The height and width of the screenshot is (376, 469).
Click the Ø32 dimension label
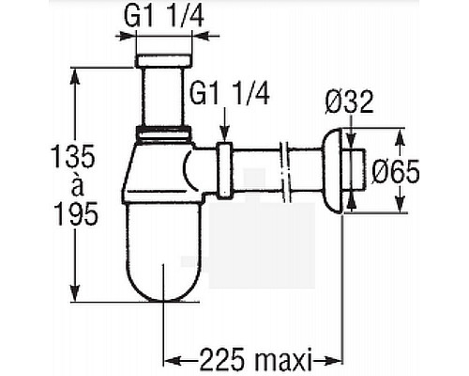click(x=349, y=102)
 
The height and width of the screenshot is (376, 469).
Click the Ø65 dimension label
click(x=396, y=171)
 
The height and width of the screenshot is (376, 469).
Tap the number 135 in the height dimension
click(x=73, y=156)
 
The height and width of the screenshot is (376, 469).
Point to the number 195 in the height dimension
click(x=76, y=213)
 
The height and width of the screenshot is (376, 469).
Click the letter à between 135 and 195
click(x=77, y=186)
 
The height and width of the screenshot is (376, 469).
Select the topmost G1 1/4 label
click(x=164, y=16)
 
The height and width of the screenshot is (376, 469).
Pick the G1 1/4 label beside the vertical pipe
click(x=230, y=94)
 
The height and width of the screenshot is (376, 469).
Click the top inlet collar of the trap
click(x=164, y=60)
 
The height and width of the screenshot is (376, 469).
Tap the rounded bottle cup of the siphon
click(x=162, y=251)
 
